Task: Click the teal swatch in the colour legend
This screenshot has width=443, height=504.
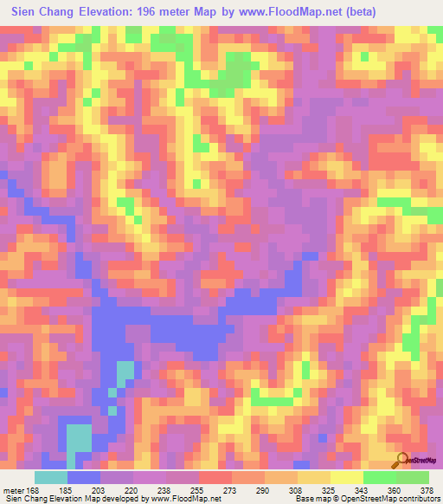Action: point(51,476)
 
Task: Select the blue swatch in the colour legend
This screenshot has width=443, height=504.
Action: point(84,476)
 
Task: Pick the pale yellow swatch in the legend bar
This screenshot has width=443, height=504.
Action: point(347,476)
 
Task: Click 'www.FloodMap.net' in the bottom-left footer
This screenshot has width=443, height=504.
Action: point(184,499)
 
